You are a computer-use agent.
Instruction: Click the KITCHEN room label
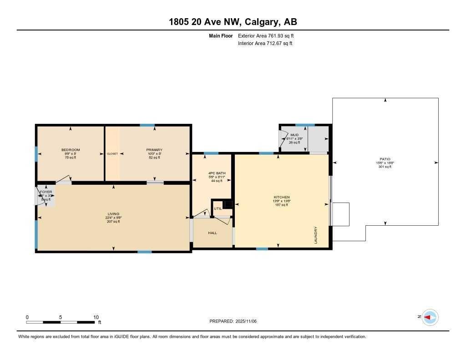282,197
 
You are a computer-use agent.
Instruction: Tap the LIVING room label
113,213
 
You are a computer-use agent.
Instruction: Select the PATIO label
385,159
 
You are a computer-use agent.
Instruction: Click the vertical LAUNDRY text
315,235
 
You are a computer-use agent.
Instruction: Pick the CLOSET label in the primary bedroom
112,154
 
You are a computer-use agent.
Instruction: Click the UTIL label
218,208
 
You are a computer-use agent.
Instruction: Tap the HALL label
213,233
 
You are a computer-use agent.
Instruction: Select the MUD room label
294,135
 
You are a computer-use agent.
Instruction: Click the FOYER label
46,192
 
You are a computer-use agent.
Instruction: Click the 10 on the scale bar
96,317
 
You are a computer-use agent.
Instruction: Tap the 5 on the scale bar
61,317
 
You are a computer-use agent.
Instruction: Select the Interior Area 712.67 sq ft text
265,44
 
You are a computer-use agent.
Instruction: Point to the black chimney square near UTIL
228,204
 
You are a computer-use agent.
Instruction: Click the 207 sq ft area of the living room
113,222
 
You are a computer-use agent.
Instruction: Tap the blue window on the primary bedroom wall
147,125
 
